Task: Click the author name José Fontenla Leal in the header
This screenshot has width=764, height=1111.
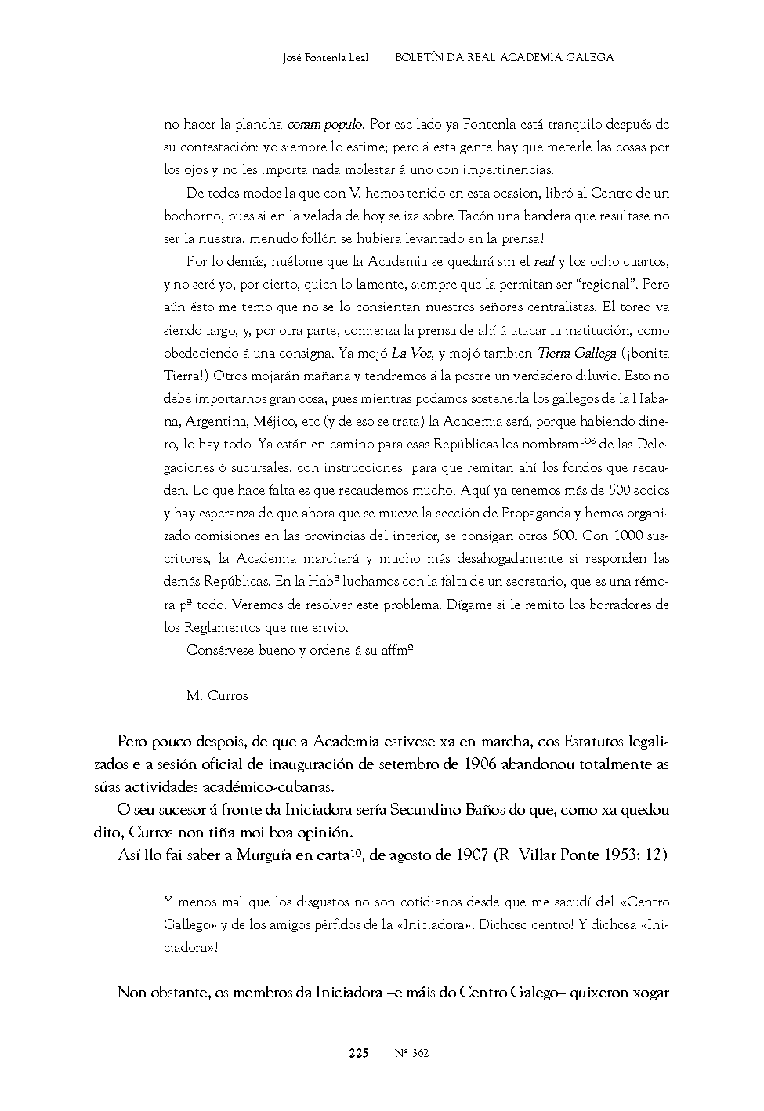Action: click(324, 58)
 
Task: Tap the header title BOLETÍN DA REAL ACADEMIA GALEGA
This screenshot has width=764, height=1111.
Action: click(504, 58)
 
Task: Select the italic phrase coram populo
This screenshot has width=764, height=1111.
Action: click(325, 124)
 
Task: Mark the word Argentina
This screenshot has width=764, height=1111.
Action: click(217, 422)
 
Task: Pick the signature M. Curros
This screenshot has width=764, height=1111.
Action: click(217, 695)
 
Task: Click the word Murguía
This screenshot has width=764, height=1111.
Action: click(264, 855)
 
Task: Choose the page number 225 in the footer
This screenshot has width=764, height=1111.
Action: click(358, 1053)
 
